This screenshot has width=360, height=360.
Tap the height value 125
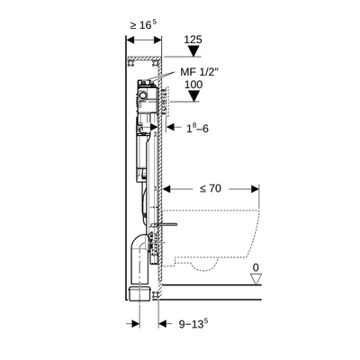point(192,40)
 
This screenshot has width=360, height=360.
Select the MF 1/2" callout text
point(200,72)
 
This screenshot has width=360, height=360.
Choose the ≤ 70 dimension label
point(210,190)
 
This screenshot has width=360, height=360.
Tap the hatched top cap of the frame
point(140,59)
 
